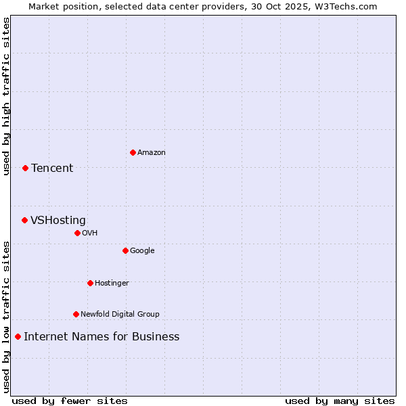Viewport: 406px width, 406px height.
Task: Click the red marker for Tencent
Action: point(25,168)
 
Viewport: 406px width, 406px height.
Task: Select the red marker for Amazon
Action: point(133,152)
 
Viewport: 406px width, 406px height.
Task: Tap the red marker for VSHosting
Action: point(24,220)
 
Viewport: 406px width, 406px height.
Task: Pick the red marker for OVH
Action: point(77,233)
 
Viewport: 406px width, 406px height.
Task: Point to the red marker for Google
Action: point(125,250)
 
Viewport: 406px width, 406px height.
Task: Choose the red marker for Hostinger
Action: point(90,283)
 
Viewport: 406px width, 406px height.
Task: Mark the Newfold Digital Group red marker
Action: point(76,314)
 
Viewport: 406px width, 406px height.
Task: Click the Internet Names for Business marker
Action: point(18,336)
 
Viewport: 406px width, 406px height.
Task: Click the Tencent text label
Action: point(52,168)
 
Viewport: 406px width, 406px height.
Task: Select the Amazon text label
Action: point(152,152)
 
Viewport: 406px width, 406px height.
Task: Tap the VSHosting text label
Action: point(58,220)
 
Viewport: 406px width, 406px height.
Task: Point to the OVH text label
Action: point(90,233)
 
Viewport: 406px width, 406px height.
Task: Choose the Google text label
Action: point(142,250)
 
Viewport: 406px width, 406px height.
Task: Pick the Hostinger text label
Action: point(112,283)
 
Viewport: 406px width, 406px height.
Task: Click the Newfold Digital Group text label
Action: point(120,314)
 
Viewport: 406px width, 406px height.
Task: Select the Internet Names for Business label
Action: point(101,336)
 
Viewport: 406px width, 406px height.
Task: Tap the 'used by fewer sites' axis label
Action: point(70,401)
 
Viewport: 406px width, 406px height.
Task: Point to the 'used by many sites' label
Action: point(340,401)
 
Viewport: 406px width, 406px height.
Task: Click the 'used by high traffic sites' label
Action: point(6,96)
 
